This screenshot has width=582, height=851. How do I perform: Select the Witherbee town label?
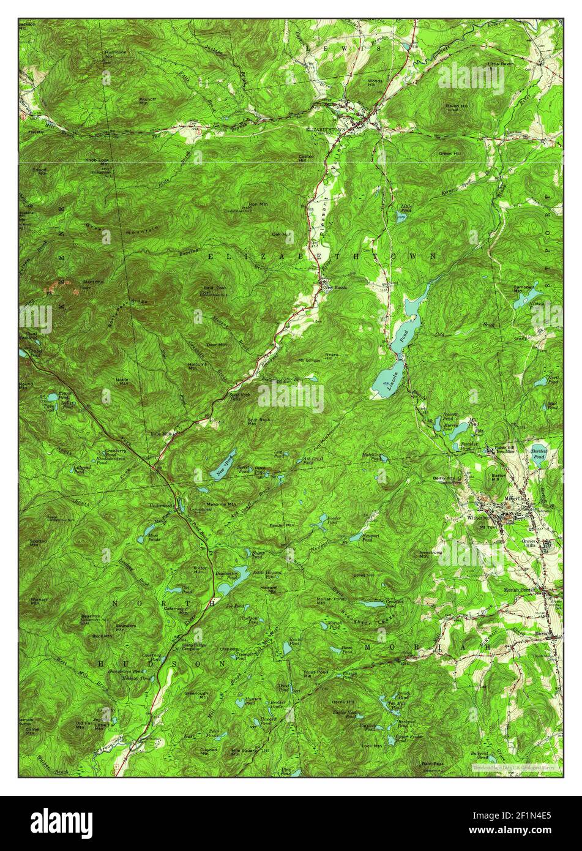[x=480, y=517]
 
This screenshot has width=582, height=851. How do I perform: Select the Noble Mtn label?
[x=122, y=381]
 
